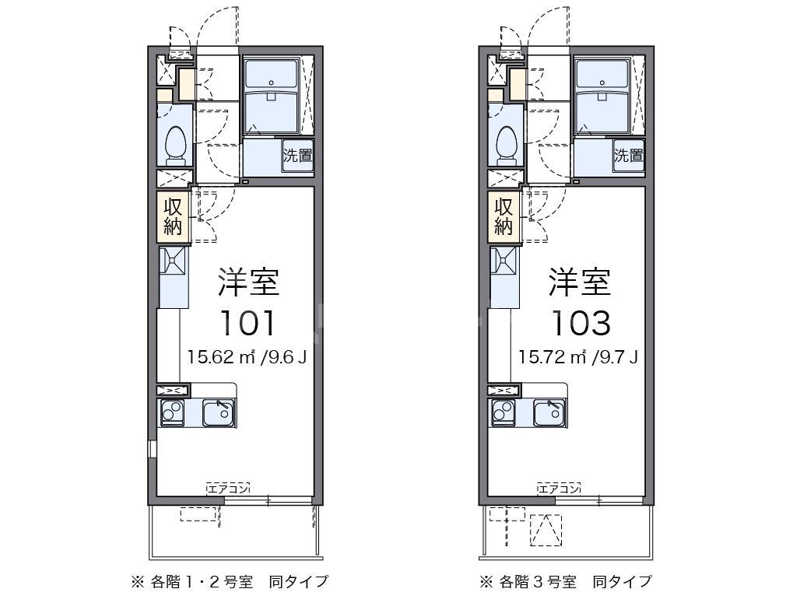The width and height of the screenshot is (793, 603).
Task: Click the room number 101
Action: coord(248,321)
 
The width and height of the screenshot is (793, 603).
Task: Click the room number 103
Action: coord(579,321)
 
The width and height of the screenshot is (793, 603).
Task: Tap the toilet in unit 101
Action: coord(176,144)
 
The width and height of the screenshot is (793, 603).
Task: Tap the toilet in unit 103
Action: coord(507,144)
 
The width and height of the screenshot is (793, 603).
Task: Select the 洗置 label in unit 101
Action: coord(297,155)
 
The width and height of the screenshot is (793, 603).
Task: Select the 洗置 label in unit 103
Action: coord(628,155)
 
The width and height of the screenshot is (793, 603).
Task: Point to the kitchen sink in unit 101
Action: coord(219,412)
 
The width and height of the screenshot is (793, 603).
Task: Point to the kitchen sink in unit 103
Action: coord(549,412)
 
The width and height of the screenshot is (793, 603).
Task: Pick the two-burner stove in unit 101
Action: coord(172,412)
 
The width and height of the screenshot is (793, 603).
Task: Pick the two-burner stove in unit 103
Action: coord(503,412)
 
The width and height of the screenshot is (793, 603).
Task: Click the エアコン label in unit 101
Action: coord(228,489)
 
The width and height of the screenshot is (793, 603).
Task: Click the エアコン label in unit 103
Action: coord(559,489)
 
